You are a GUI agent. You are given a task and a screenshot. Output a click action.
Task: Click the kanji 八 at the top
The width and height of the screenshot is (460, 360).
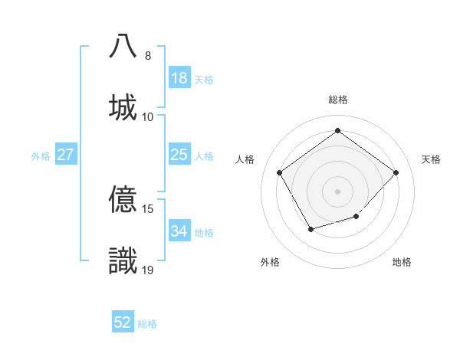(x=123, y=46)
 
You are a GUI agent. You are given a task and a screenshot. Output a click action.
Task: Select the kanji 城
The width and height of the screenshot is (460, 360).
(x=123, y=106)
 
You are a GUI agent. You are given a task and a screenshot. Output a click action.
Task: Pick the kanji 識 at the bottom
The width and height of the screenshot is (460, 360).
(x=123, y=260)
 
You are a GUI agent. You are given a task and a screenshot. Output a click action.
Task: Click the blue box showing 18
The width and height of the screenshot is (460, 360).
(x=179, y=78)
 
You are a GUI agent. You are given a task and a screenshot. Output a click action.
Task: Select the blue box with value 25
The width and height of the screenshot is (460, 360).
(x=179, y=155)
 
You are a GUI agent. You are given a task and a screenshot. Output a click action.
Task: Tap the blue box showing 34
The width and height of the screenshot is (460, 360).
(x=179, y=231)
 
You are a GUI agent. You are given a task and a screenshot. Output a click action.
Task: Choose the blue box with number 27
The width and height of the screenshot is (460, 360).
(x=66, y=155)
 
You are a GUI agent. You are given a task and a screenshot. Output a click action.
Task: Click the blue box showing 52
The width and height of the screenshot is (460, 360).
(x=123, y=322)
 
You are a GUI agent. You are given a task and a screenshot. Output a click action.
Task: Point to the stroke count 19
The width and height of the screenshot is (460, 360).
(x=148, y=270)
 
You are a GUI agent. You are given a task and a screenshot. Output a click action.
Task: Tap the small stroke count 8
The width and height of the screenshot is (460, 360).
(x=147, y=56)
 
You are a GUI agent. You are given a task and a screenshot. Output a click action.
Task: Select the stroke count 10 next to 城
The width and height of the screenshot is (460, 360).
(x=148, y=116)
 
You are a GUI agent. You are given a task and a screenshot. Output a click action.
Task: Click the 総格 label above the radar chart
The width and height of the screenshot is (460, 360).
(x=337, y=100)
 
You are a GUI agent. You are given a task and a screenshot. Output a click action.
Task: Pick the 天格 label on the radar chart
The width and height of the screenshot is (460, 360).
(x=431, y=159)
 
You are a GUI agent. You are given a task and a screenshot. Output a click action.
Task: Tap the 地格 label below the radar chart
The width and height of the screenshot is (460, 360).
(x=402, y=263)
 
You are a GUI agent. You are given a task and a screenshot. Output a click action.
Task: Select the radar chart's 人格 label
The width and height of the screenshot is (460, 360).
(x=245, y=159)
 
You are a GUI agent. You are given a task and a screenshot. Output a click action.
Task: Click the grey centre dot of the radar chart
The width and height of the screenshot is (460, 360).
(x=337, y=191)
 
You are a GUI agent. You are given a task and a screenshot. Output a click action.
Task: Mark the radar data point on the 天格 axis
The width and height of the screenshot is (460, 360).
(x=396, y=172)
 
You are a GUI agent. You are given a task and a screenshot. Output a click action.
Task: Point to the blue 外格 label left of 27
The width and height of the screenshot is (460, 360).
(x=41, y=155)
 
